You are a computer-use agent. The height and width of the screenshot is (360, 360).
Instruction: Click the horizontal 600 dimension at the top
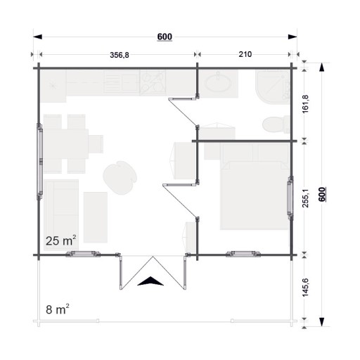[165, 37]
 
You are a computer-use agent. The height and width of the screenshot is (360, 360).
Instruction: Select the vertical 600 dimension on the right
[322, 194]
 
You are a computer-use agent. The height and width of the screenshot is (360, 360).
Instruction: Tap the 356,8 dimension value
[120, 55]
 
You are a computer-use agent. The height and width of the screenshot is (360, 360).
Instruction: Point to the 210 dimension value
[245, 54]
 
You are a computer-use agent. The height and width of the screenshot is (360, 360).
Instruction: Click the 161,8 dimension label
[305, 104]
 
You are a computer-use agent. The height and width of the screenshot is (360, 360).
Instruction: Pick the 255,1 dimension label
[305, 198]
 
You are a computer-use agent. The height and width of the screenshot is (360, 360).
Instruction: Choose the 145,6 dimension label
[305, 288]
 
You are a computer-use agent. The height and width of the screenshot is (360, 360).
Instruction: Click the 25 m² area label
[61, 240]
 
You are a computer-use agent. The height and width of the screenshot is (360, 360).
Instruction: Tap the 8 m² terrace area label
[58, 309]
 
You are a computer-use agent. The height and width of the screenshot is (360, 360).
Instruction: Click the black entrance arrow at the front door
[150, 281]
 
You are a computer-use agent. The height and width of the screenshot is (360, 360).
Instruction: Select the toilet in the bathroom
[276, 124]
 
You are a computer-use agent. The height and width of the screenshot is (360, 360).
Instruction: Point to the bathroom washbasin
[218, 84]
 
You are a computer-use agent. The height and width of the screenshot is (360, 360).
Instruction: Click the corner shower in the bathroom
[273, 86]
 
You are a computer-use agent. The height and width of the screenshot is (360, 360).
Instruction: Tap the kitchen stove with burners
[153, 82]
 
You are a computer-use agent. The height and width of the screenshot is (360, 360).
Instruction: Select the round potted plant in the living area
[120, 177]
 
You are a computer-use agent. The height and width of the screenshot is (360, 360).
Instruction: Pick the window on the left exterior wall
[40, 162]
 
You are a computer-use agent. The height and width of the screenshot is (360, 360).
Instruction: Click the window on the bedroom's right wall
[290, 198]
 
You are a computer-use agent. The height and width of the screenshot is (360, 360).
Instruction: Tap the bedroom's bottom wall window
[243, 254]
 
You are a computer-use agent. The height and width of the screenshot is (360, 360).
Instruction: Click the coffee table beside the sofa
[96, 217]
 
